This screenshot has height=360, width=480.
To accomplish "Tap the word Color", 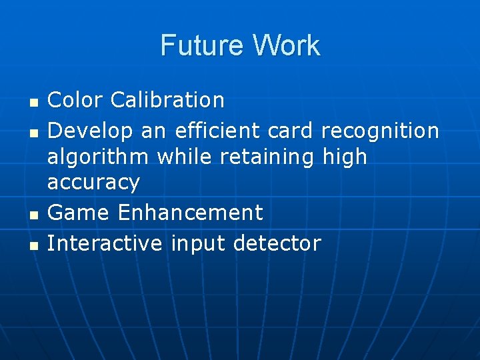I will point(75,100).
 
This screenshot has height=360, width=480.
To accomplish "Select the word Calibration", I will point(167,100).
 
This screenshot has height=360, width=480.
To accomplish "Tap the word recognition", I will point(380,131).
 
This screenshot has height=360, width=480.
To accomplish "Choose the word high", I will point(345,157).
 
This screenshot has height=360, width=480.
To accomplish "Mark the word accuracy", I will point(93,183).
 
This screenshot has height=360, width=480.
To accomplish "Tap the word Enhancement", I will point(191,213).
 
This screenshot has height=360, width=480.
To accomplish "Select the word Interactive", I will point(105,243).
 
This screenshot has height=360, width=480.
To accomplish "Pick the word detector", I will point(277,243).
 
